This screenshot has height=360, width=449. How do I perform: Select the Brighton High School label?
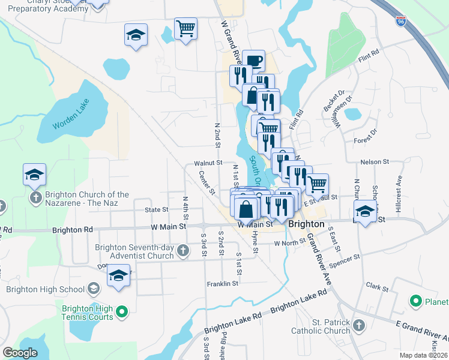point(46,289)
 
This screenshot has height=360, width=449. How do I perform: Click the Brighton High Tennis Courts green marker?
point(121,311)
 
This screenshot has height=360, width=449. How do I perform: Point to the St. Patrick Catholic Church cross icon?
point(359,326)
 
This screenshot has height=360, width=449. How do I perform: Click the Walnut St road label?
point(208,163)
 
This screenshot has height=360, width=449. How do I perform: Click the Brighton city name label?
point(306,224)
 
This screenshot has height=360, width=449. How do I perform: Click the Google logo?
point(20,353)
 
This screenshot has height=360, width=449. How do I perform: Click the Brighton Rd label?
point(73,230)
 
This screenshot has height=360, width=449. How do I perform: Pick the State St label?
point(156,210)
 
